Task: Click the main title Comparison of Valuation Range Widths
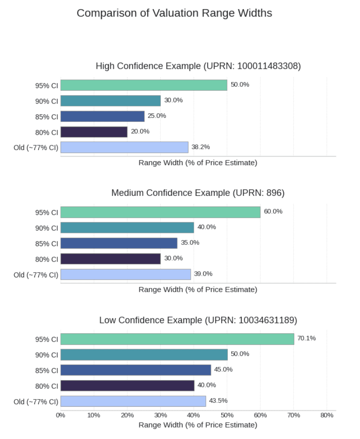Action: pyautogui.click(x=174, y=13)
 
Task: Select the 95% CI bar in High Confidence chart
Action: pyautogui.click(x=144, y=85)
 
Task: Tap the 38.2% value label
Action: pyautogui.click(x=200, y=147)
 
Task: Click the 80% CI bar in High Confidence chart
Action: pyautogui.click(x=94, y=132)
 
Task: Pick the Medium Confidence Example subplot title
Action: pyautogui.click(x=198, y=193)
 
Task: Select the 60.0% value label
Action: pyautogui.click(x=273, y=211)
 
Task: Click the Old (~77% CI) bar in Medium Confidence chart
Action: pyautogui.click(x=126, y=274)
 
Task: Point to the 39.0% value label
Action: pyautogui.click(x=203, y=274)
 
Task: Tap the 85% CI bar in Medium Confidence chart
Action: pyautogui.click(x=119, y=243)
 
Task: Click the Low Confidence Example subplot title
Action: pyautogui.click(x=198, y=320)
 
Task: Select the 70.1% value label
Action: pyautogui.click(x=306, y=338)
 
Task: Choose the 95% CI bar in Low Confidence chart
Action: pyautogui.click(x=177, y=339)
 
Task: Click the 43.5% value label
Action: pyautogui.click(x=218, y=401)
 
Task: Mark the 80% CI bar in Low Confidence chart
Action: pyautogui.click(x=127, y=385)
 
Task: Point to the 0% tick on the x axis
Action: pyautogui.click(x=60, y=415)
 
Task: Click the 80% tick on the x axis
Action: pyautogui.click(x=327, y=415)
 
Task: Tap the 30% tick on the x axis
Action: pyautogui.click(x=160, y=415)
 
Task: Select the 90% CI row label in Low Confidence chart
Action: pyautogui.click(x=46, y=355)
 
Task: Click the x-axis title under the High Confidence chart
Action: pyautogui.click(x=198, y=162)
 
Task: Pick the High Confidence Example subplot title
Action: pyautogui.click(x=198, y=66)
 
